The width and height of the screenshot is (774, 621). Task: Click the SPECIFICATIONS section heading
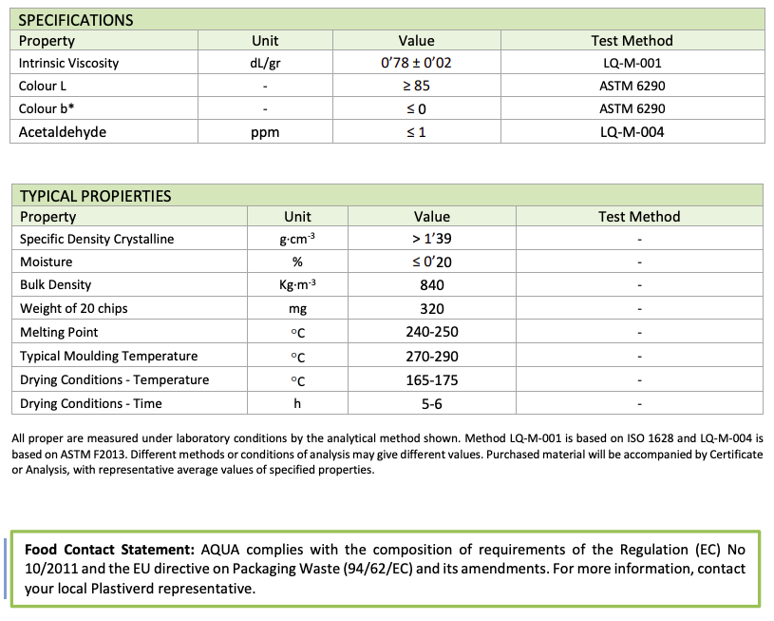[x=76, y=20]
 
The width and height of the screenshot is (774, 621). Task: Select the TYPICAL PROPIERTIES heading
[x=95, y=196]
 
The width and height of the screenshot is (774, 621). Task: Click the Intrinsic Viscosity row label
[x=68, y=64]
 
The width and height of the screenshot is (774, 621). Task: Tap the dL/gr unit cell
[x=265, y=64]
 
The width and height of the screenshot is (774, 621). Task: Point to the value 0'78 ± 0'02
[x=416, y=64]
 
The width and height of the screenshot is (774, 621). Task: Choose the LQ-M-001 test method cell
[x=632, y=64]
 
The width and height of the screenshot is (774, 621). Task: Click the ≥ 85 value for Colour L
[x=416, y=87]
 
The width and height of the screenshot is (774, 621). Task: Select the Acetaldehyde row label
[x=63, y=132]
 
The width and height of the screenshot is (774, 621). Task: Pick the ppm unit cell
[x=265, y=132]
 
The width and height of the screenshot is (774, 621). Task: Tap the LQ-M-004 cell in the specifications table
[x=632, y=132]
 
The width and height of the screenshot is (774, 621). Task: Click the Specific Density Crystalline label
[x=97, y=239]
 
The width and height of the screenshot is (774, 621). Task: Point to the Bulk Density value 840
[x=432, y=285]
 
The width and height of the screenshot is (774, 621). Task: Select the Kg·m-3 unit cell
[x=297, y=285]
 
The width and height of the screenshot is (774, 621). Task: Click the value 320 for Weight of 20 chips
[x=432, y=309]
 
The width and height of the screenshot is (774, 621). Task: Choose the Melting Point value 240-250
[x=432, y=333]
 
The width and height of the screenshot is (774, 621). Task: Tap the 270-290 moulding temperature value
[x=432, y=357]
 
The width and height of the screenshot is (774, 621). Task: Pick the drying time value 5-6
[x=432, y=404]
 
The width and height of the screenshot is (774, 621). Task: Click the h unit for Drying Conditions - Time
[x=297, y=404]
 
